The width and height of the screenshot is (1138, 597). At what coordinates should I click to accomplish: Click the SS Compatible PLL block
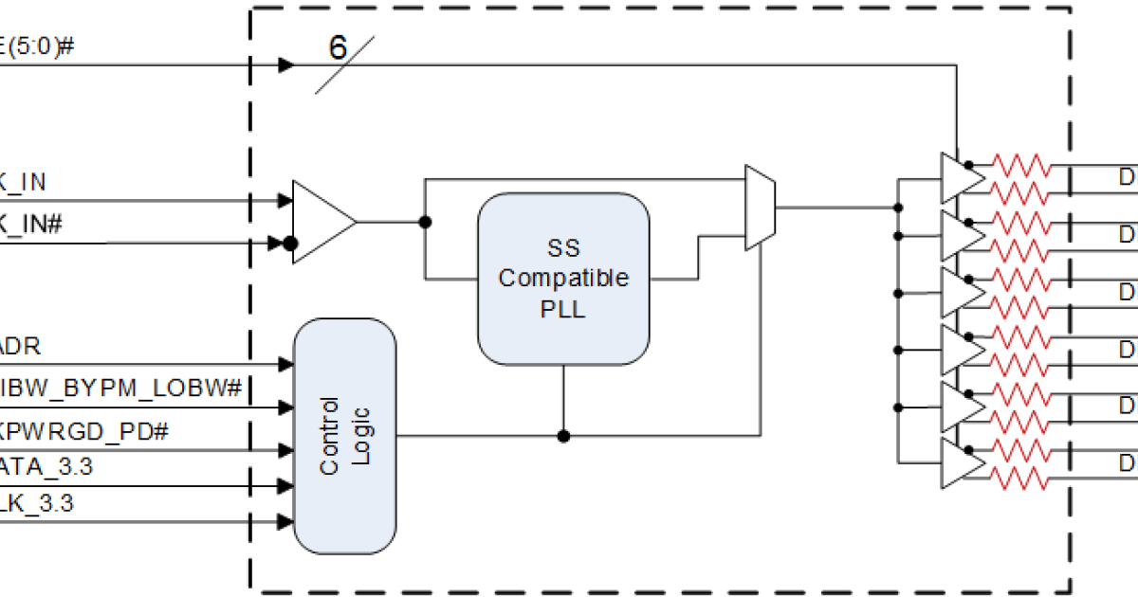pos(564,278)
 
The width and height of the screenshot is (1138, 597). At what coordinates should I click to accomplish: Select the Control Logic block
pos(344,436)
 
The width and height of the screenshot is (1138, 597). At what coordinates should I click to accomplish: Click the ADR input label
pos(21,346)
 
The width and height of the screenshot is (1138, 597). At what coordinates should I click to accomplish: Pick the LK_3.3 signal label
pos(37,504)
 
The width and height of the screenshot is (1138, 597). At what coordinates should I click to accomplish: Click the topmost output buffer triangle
pos(960,177)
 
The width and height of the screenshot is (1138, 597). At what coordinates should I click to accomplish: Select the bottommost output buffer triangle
pos(960,464)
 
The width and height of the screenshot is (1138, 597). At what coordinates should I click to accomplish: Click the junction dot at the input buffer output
pos(426,222)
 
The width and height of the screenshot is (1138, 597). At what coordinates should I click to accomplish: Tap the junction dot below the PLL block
pos(563,436)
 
